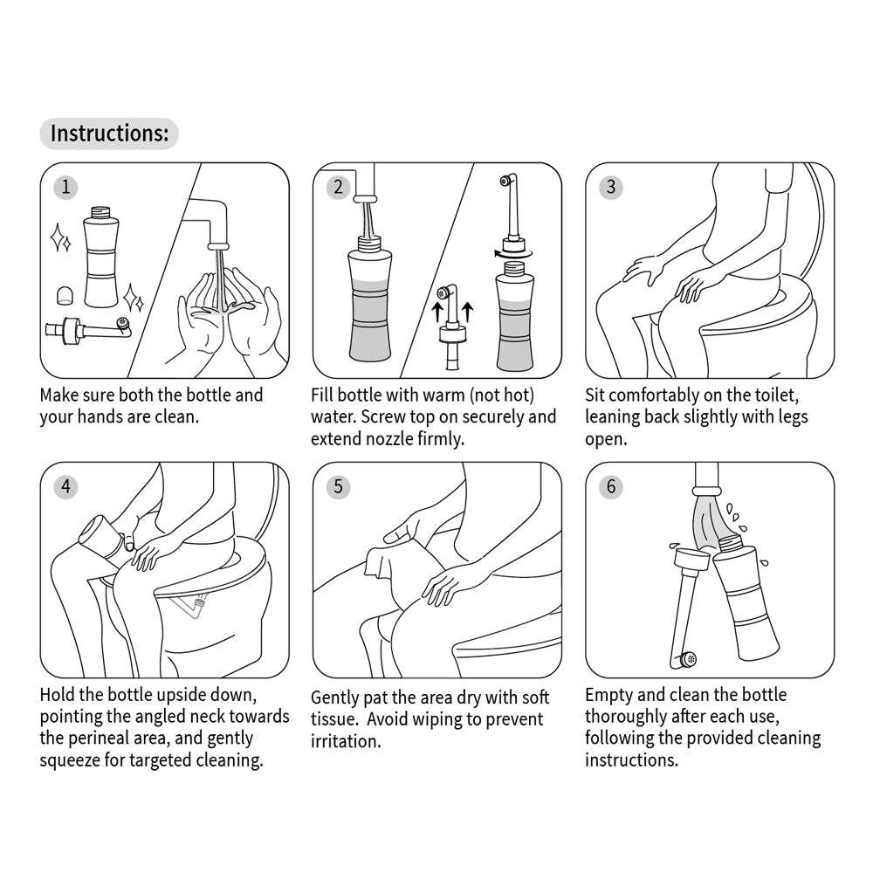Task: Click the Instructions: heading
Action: pyautogui.click(x=108, y=134)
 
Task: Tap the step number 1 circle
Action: pyautogui.click(x=65, y=187)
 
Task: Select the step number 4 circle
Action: pyautogui.click(x=65, y=486)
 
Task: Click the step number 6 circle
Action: pyautogui.click(x=610, y=486)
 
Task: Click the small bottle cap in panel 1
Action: pyautogui.click(x=63, y=292)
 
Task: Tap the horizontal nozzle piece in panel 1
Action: pyautogui.click(x=87, y=329)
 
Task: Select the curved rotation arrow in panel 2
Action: pyautogui.click(x=497, y=252)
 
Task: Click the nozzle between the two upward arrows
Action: pyautogui.click(x=451, y=327)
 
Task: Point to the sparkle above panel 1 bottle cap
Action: pyautogui.click(x=59, y=237)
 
